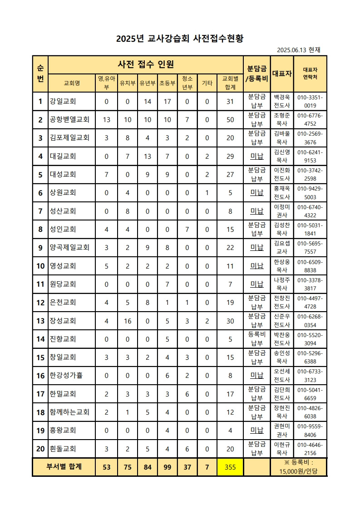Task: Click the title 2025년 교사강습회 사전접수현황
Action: pyautogui.click(x=180, y=39)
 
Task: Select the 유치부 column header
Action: pyautogui.click(x=128, y=83)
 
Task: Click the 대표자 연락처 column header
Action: pyautogui.click(x=310, y=73)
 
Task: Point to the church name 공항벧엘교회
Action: pyautogui.click(x=69, y=120)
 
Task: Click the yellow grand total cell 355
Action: pyautogui.click(x=230, y=467)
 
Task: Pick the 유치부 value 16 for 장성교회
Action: pyautogui.click(x=128, y=321)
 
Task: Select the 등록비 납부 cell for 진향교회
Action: pyautogui.click(x=257, y=339)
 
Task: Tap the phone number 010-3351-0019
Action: pyautogui.click(x=310, y=102)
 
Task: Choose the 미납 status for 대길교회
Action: pyautogui.click(x=257, y=157)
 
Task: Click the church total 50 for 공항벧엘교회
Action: pyautogui.click(x=230, y=120)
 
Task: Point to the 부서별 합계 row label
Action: pyautogui.click(x=64, y=467)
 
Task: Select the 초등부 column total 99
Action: pyautogui.click(x=167, y=467)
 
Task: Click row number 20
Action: pyautogui.click(x=40, y=449)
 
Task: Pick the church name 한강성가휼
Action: pyautogui.click(x=66, y=376)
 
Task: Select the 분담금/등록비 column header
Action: pyautogui.click(x=257, y=73)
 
